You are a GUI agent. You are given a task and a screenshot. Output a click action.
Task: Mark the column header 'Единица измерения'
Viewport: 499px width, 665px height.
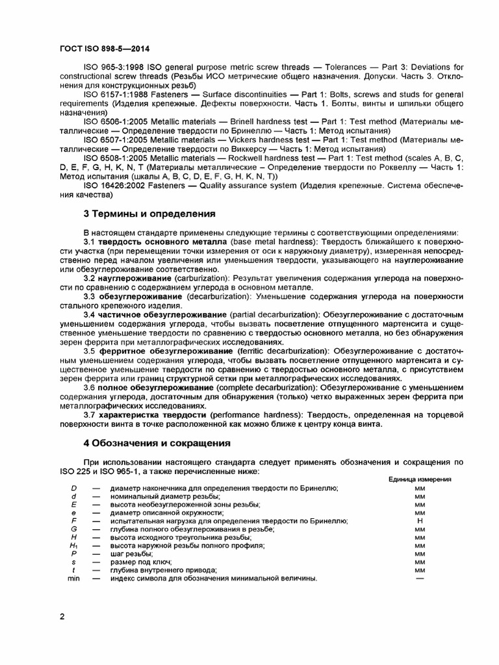(x=420, y=479)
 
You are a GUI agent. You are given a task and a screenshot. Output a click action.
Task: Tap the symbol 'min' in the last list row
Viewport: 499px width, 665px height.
(x=73, y=578)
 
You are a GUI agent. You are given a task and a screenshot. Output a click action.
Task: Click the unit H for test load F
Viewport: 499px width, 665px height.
(x=419, y=521)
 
